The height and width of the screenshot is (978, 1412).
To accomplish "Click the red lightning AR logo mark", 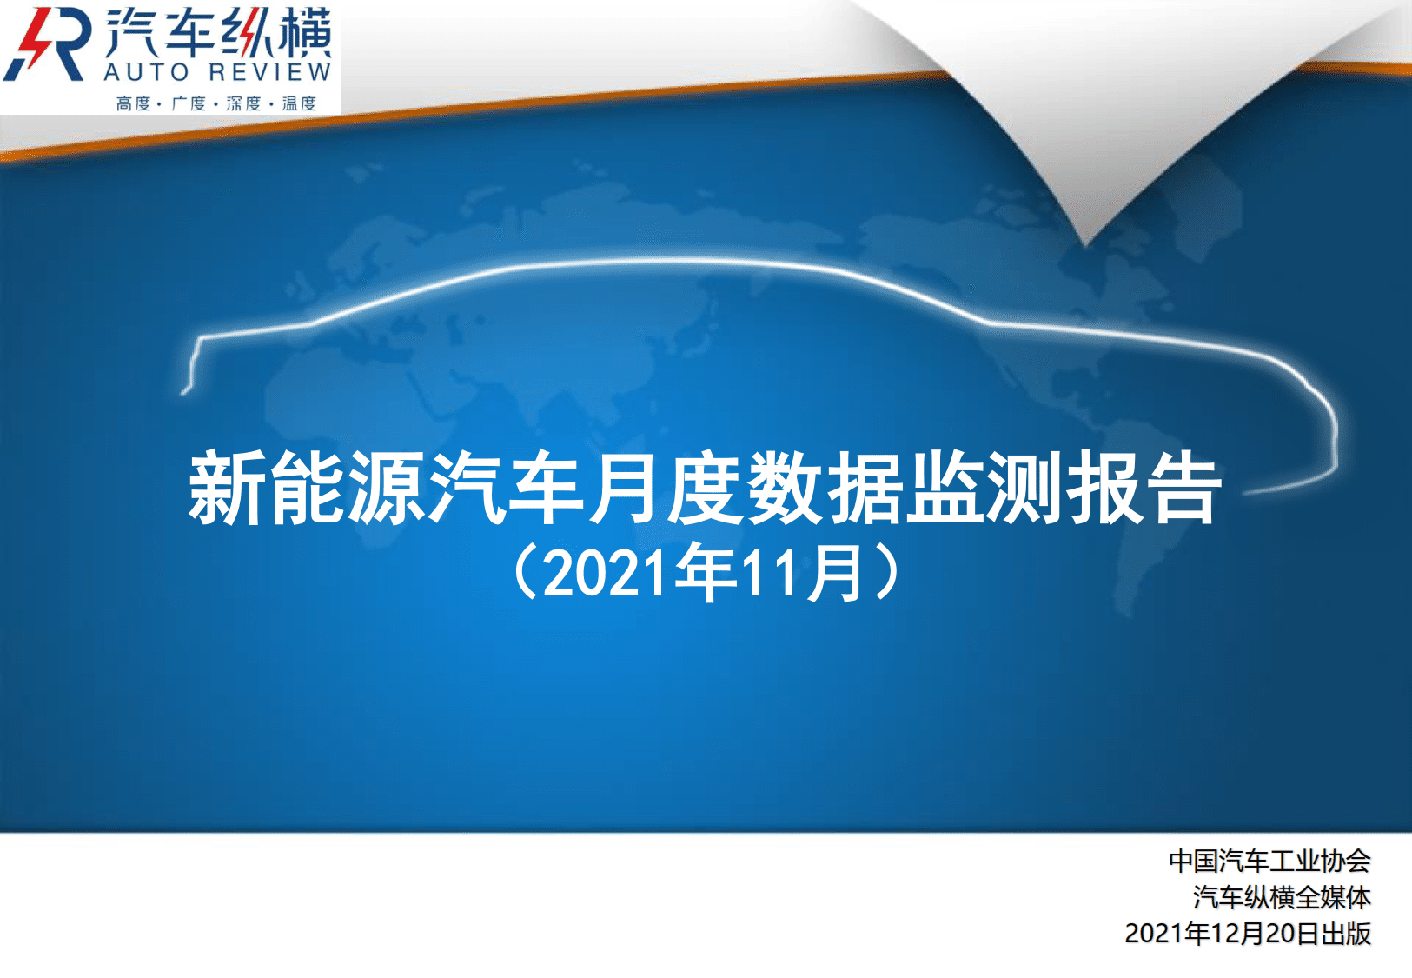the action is coord(45,44).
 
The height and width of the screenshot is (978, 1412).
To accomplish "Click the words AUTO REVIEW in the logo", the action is coord(218,72).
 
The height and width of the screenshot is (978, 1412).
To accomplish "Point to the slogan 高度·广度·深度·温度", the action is coord(215,103).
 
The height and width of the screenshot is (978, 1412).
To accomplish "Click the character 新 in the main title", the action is coord(226,488).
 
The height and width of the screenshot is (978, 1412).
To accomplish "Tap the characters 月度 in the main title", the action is coord(666,488).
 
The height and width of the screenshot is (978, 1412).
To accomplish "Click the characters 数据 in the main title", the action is coord(825,488).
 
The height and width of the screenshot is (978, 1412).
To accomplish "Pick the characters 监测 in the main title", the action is coord(984,488).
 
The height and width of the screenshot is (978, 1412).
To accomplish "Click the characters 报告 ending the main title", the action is coord(1144,488).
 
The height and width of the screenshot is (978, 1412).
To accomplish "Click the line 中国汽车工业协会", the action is coord(1269,862).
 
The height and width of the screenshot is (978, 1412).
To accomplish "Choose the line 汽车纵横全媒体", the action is coord(1283,897).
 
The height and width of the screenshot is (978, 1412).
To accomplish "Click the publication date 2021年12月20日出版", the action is coord(1248,934).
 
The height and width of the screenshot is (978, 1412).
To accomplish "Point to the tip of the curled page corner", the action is coord(1085,244).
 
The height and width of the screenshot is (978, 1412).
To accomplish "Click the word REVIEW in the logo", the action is coord(269,72).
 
